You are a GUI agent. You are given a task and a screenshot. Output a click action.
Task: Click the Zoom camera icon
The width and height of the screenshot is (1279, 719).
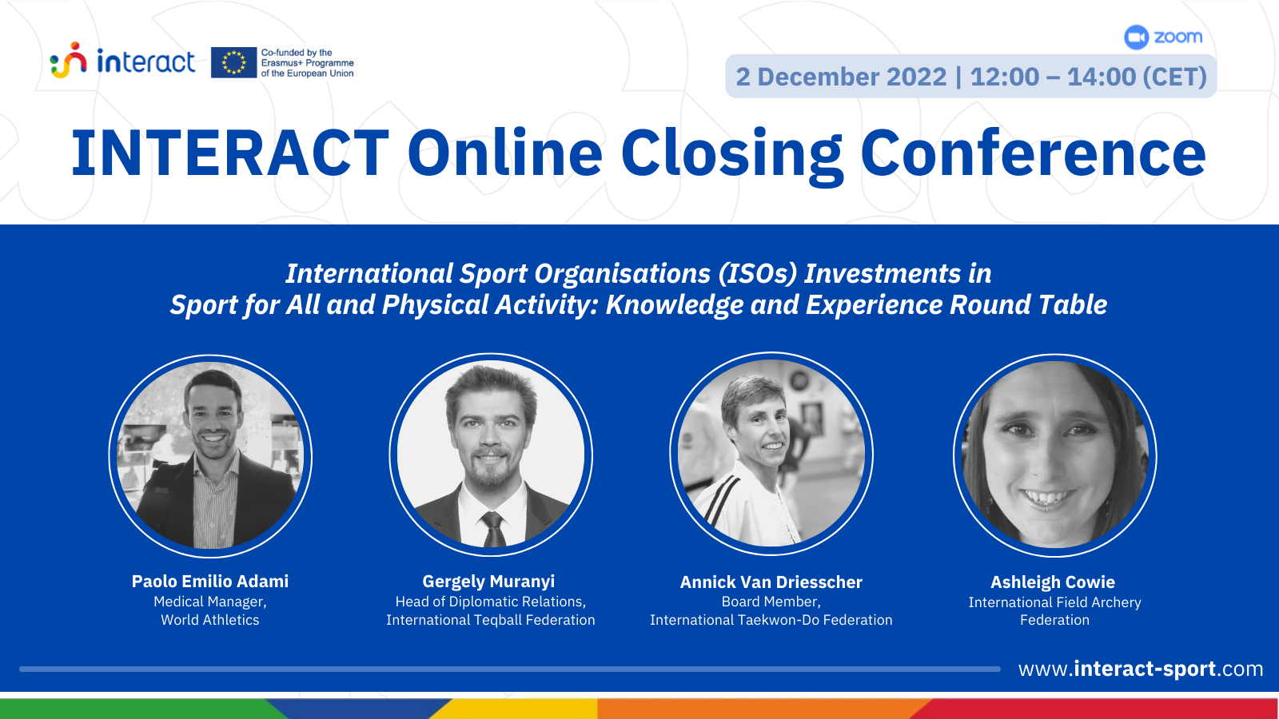coord(1136,38)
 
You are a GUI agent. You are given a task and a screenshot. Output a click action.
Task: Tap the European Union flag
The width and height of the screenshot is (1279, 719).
coord(233,62)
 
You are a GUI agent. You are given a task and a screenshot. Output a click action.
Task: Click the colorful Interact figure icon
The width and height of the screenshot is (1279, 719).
coord(69,60)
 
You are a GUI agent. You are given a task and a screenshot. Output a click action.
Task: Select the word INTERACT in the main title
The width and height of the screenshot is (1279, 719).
coord(230,153)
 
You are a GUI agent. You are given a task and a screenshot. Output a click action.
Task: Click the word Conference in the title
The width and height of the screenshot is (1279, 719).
coord(1033,152)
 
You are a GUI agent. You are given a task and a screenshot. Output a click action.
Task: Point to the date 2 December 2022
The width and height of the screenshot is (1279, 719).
coord(841,77)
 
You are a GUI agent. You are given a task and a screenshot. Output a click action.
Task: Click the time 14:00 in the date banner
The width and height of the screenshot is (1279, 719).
coord(1102,77)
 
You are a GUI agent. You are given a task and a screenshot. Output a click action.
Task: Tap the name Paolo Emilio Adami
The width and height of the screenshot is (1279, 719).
coord(210,581)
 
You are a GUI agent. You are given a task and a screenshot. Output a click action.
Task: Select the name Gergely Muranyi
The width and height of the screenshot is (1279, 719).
coord(488,582)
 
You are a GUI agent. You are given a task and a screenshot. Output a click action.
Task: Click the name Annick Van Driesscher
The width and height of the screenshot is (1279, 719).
coord(771,582)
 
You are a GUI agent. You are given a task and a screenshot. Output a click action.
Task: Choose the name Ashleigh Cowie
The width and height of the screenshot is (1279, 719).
coord(1052,582)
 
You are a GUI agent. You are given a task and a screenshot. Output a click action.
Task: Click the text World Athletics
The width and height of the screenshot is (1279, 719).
coord(210,620)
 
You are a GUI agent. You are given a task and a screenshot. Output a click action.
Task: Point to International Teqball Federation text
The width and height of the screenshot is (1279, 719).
coord(491,620)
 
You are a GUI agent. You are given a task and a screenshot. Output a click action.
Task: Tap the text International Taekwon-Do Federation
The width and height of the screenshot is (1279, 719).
coord(771,620)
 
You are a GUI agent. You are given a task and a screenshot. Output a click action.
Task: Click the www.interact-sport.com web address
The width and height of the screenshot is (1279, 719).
coord(1140,668)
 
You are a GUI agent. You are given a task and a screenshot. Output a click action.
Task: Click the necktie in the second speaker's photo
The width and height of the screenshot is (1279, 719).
coord(492,530)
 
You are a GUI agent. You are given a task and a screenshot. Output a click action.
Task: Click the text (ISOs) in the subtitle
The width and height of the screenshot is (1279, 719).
coord(758,273)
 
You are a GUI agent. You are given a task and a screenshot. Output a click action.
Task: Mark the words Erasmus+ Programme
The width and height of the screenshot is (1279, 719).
coord(307,63)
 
